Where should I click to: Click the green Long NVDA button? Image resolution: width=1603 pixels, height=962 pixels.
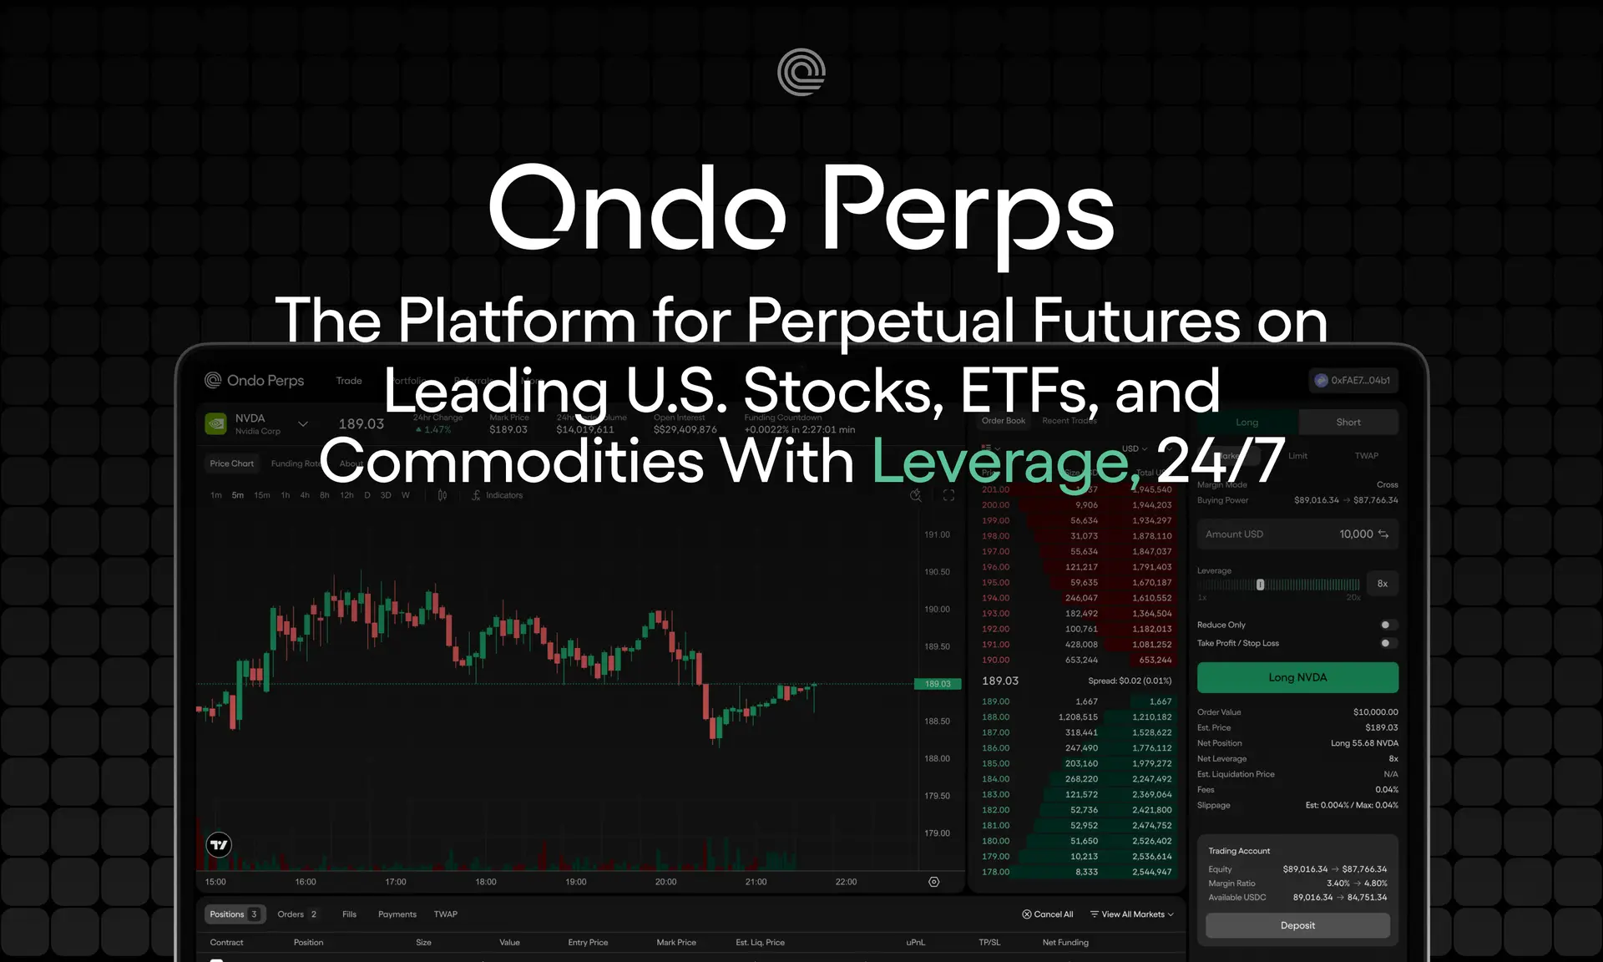point(1297,677)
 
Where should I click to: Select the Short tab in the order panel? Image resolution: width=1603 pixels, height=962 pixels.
point(1348,422)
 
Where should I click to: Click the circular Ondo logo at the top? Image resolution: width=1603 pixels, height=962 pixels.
point(801,72)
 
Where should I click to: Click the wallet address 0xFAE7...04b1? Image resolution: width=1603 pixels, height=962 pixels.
point(1353,380)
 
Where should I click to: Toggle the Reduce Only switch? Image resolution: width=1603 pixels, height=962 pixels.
point(1387,625)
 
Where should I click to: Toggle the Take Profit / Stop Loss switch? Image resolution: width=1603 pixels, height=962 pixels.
point(1387,643)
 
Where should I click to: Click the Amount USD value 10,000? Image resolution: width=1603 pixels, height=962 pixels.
point(1355,534)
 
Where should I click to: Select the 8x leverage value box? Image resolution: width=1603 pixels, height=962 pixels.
point(1382,584)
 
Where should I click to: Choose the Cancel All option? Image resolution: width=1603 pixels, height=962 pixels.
point(1048,914)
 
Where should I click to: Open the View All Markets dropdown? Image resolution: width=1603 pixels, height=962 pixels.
point(1132,914)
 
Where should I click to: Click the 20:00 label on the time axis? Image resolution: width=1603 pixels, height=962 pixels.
point(665,882)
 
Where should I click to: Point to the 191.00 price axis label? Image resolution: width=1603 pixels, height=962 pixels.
point(937,534)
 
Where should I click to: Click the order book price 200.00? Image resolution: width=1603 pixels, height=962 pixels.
point(995,505)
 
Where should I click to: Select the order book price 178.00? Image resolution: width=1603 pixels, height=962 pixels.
point(995,872)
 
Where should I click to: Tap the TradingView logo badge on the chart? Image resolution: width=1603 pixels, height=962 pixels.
point(219,845)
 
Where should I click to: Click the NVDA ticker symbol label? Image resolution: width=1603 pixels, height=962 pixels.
point(250,418)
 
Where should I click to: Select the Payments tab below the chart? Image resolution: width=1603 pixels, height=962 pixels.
point(397,914)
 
